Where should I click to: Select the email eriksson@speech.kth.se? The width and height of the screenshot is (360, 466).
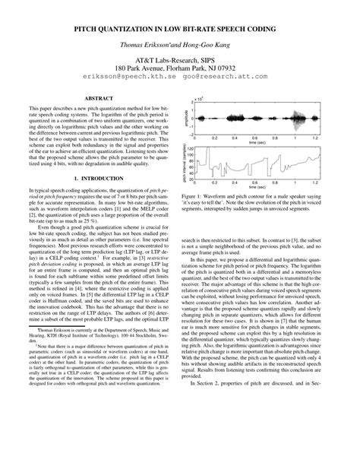pos(129,77)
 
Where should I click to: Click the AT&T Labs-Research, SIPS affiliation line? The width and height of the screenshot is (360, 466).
pos(180,57)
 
